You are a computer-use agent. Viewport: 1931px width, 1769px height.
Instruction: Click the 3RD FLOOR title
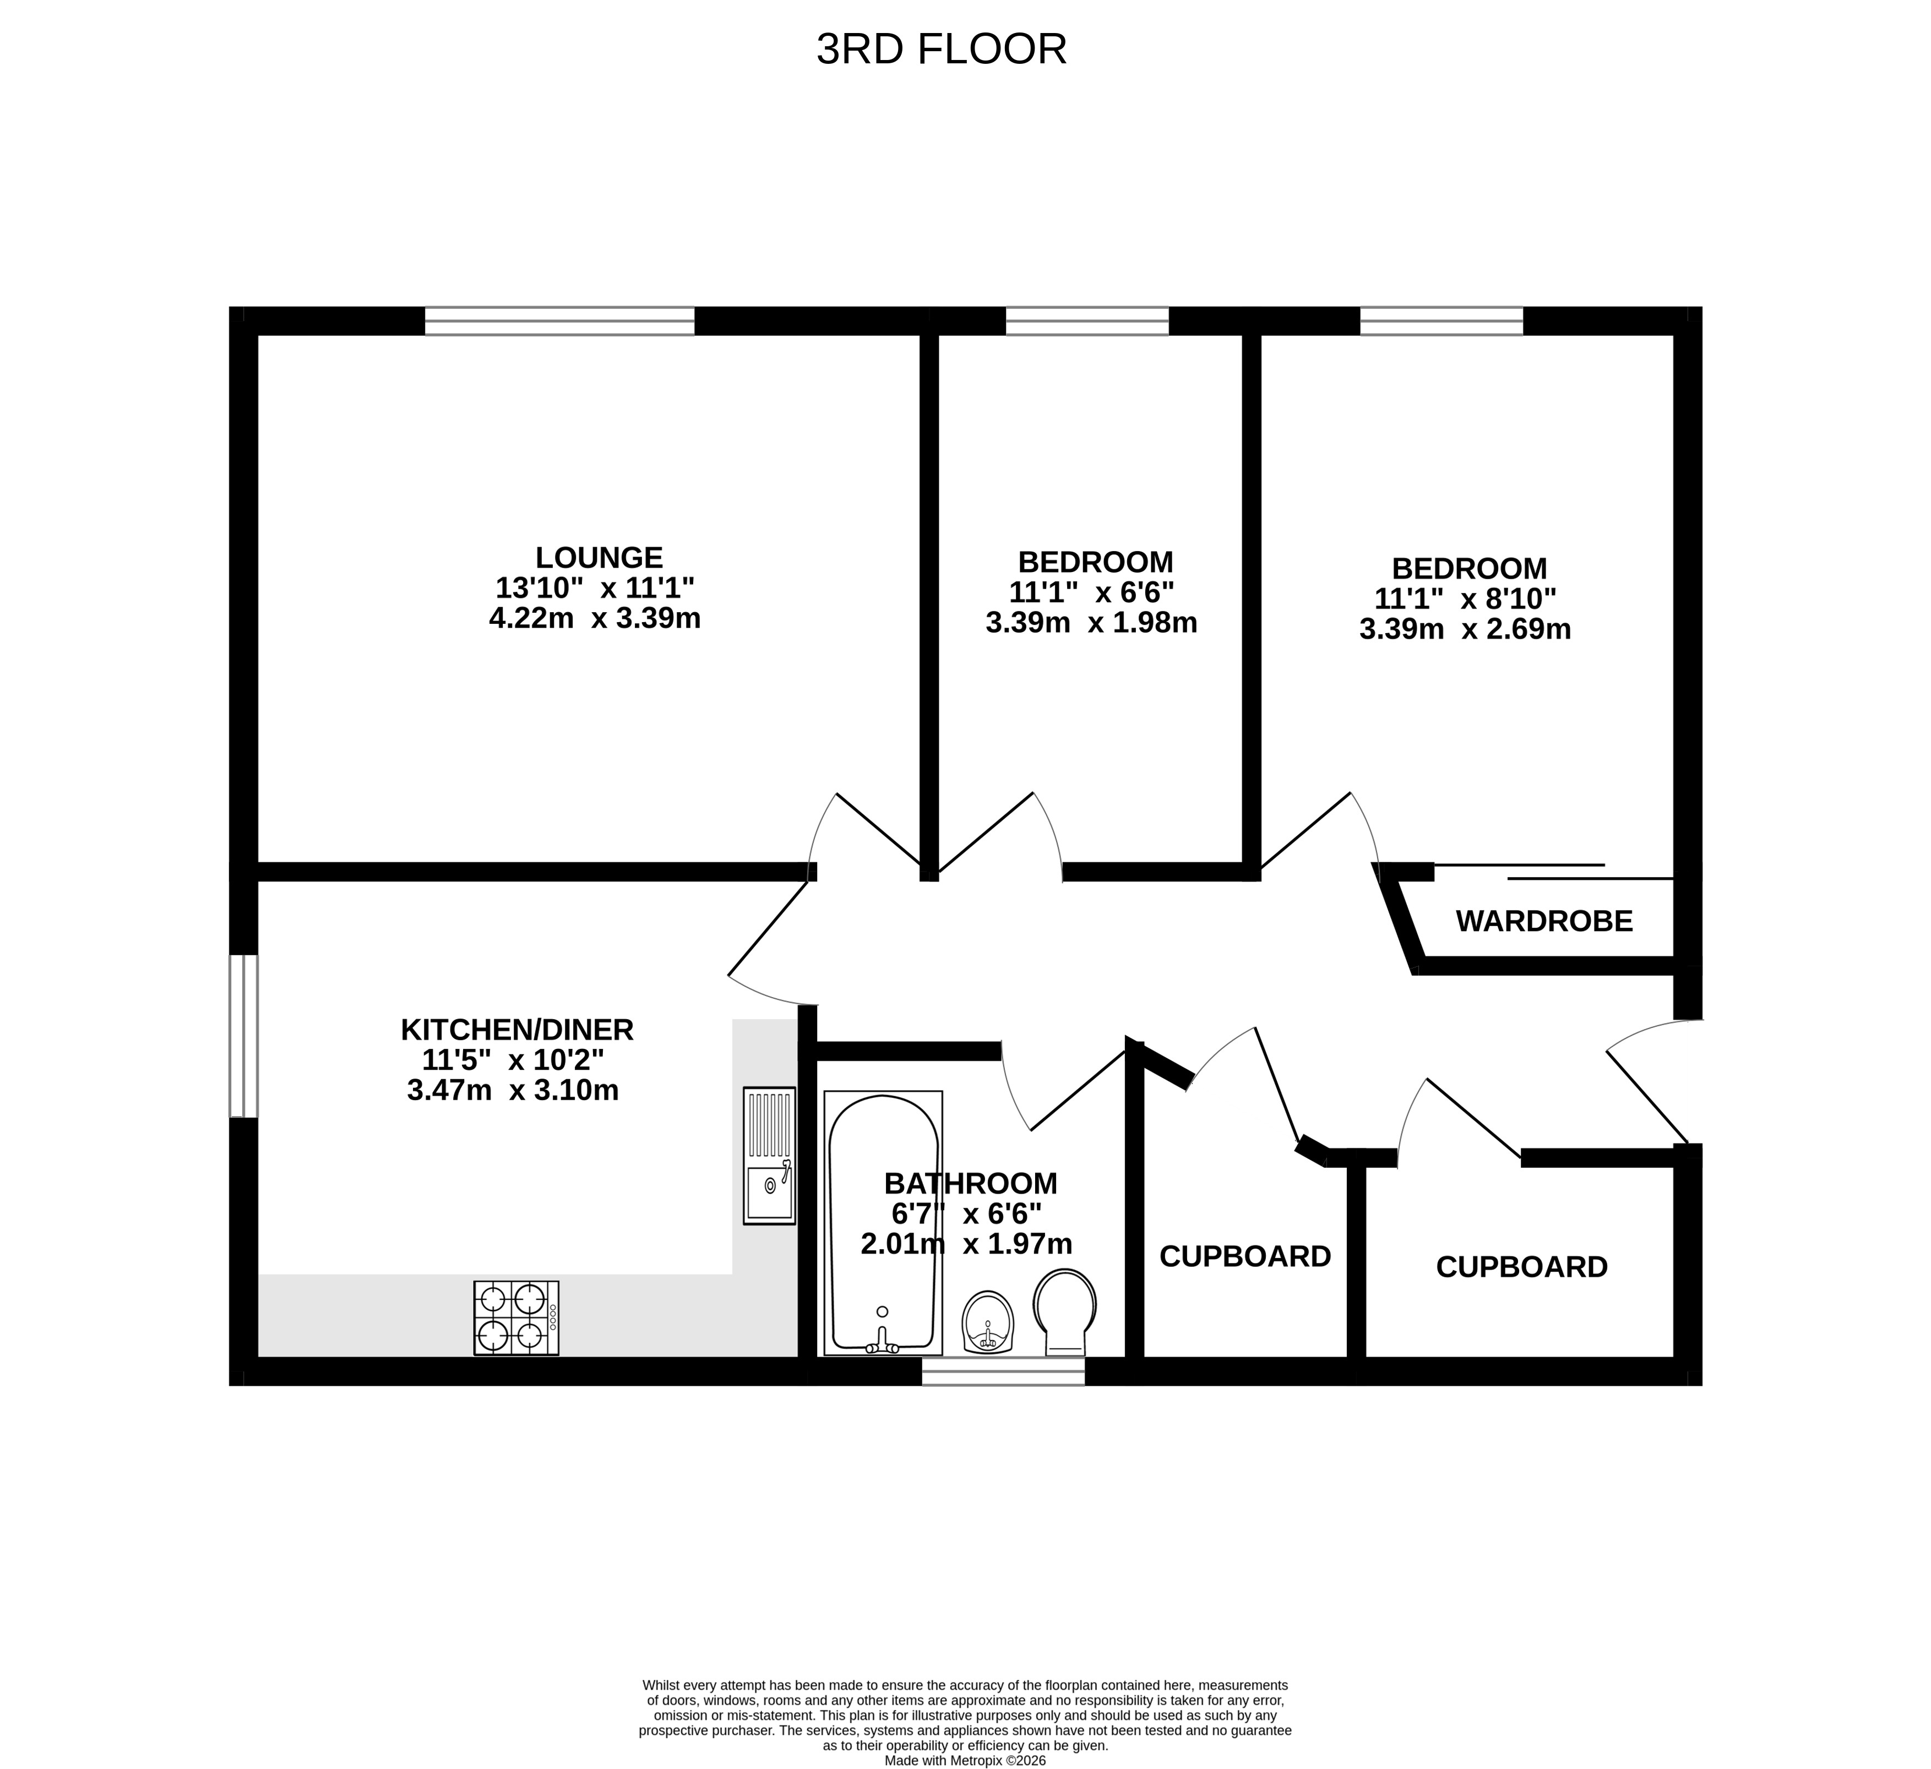pos(942,50)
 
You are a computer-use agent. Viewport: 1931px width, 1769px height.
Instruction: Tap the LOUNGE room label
pos(599,557)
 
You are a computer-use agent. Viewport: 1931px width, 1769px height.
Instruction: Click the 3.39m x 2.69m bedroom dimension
pos(1465,629)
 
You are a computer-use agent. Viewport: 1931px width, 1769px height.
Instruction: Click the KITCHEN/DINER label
pos(517,1030)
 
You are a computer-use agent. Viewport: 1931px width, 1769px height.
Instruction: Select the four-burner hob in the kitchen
pos(516,1318)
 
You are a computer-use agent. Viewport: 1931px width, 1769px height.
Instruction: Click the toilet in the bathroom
pos(1065,1312)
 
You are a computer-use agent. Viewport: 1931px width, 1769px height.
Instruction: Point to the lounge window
pos(559,321)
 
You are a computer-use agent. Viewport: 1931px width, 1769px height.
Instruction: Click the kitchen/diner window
pos(243,1036)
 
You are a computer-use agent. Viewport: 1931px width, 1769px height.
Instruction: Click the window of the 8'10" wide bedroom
pos(1442,321)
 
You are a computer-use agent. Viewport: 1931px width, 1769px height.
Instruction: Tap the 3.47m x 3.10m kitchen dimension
pos(513,1090)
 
